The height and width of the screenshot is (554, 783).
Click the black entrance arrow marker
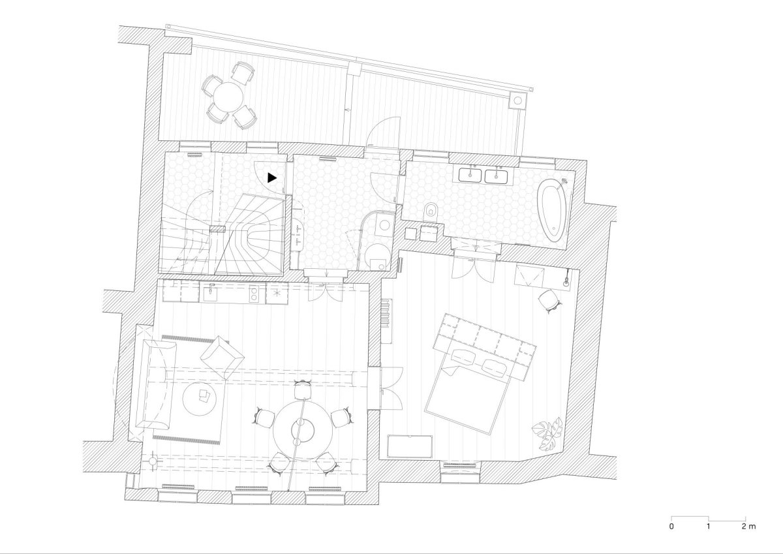tap(271, 178)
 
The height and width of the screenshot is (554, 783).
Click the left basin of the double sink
tap(470, 176)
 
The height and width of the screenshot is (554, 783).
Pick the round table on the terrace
tap(228, 97)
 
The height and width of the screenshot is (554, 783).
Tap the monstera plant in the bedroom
tap(547, 433)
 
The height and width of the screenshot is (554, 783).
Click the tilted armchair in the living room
tap(222, 357)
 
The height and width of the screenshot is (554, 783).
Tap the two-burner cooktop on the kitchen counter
tap(254, 293)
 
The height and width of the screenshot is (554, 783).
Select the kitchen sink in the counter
tap(211, 292)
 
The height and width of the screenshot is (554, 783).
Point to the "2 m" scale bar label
tap(749, 536)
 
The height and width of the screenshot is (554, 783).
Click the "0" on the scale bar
tap(671, 536)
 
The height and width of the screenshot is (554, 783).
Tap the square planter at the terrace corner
tap(518, 100)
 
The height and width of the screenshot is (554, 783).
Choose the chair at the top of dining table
tap(303, 390)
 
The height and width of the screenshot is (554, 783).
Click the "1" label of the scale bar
tap(709, 536)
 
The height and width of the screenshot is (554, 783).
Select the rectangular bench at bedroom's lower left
tap(410, 447)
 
